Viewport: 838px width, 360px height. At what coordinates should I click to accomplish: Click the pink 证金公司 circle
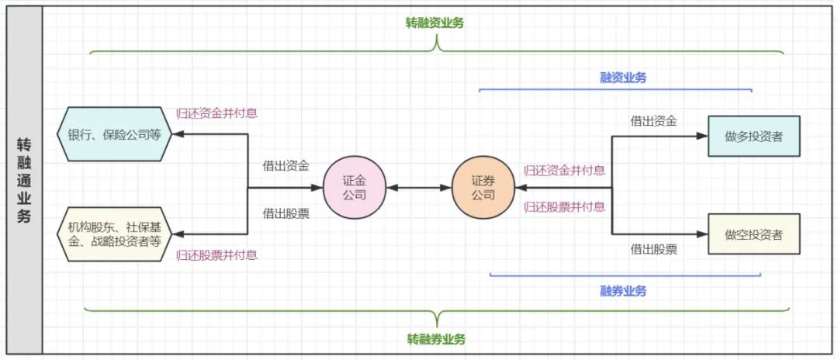(355, 188)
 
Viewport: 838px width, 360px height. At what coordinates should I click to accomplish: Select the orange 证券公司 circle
(483, 188)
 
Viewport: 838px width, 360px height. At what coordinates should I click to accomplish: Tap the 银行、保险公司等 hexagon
(114, 134)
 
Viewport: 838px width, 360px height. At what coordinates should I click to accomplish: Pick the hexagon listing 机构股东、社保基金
(114, 234)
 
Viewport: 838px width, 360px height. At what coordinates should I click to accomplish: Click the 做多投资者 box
(753, 136)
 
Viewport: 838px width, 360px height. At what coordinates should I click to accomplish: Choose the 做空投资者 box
(753, 234)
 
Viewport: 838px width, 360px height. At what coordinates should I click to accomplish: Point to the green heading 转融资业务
(434, 23)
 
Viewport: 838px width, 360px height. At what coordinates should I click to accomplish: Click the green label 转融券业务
(436, 339)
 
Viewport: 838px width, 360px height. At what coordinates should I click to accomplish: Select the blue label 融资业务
(623, 78)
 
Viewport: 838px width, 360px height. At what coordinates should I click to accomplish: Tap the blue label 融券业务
(623, 291)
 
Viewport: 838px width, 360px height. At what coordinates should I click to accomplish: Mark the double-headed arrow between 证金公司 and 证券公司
(418, 188)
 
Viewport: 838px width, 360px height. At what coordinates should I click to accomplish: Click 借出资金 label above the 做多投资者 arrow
(653, 121)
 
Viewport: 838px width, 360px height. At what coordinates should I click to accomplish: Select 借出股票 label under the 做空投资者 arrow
(653, 249)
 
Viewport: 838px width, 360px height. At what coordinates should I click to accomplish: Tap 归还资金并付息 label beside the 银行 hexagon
(217, 113)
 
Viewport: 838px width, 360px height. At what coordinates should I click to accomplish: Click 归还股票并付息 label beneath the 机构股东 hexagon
(217, 255)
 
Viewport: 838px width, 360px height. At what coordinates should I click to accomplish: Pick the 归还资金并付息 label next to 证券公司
(564, 171)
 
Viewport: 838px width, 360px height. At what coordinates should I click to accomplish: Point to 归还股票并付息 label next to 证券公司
(564, 206)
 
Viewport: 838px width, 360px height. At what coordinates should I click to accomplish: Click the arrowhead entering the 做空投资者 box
(702, 234)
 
